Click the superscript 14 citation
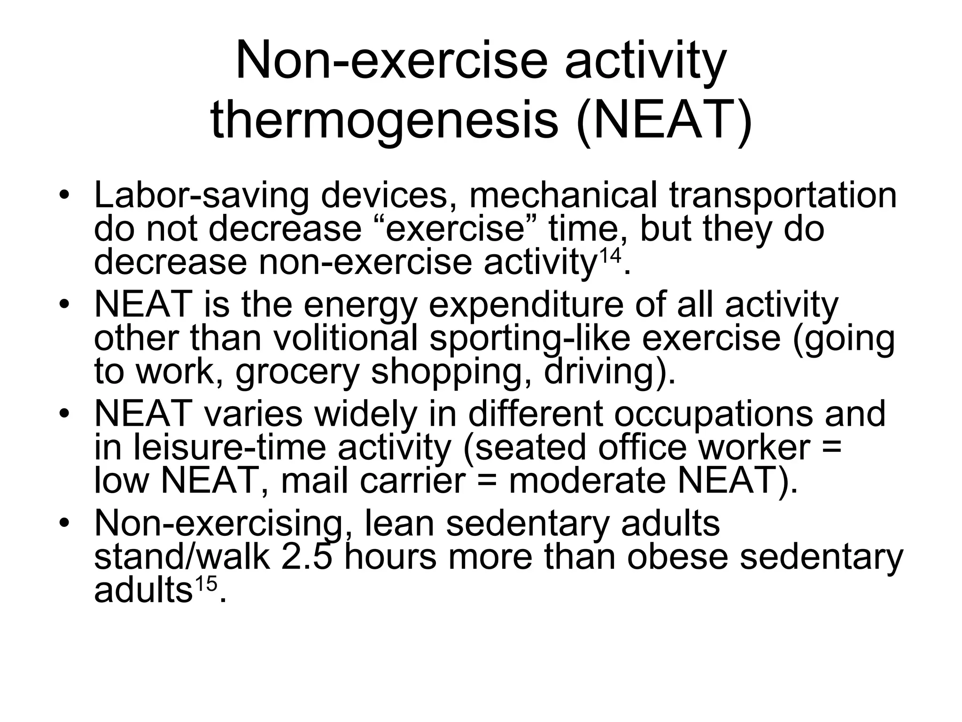[610, 257]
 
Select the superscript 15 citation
[205, 585]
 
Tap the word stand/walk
[182, 557]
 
